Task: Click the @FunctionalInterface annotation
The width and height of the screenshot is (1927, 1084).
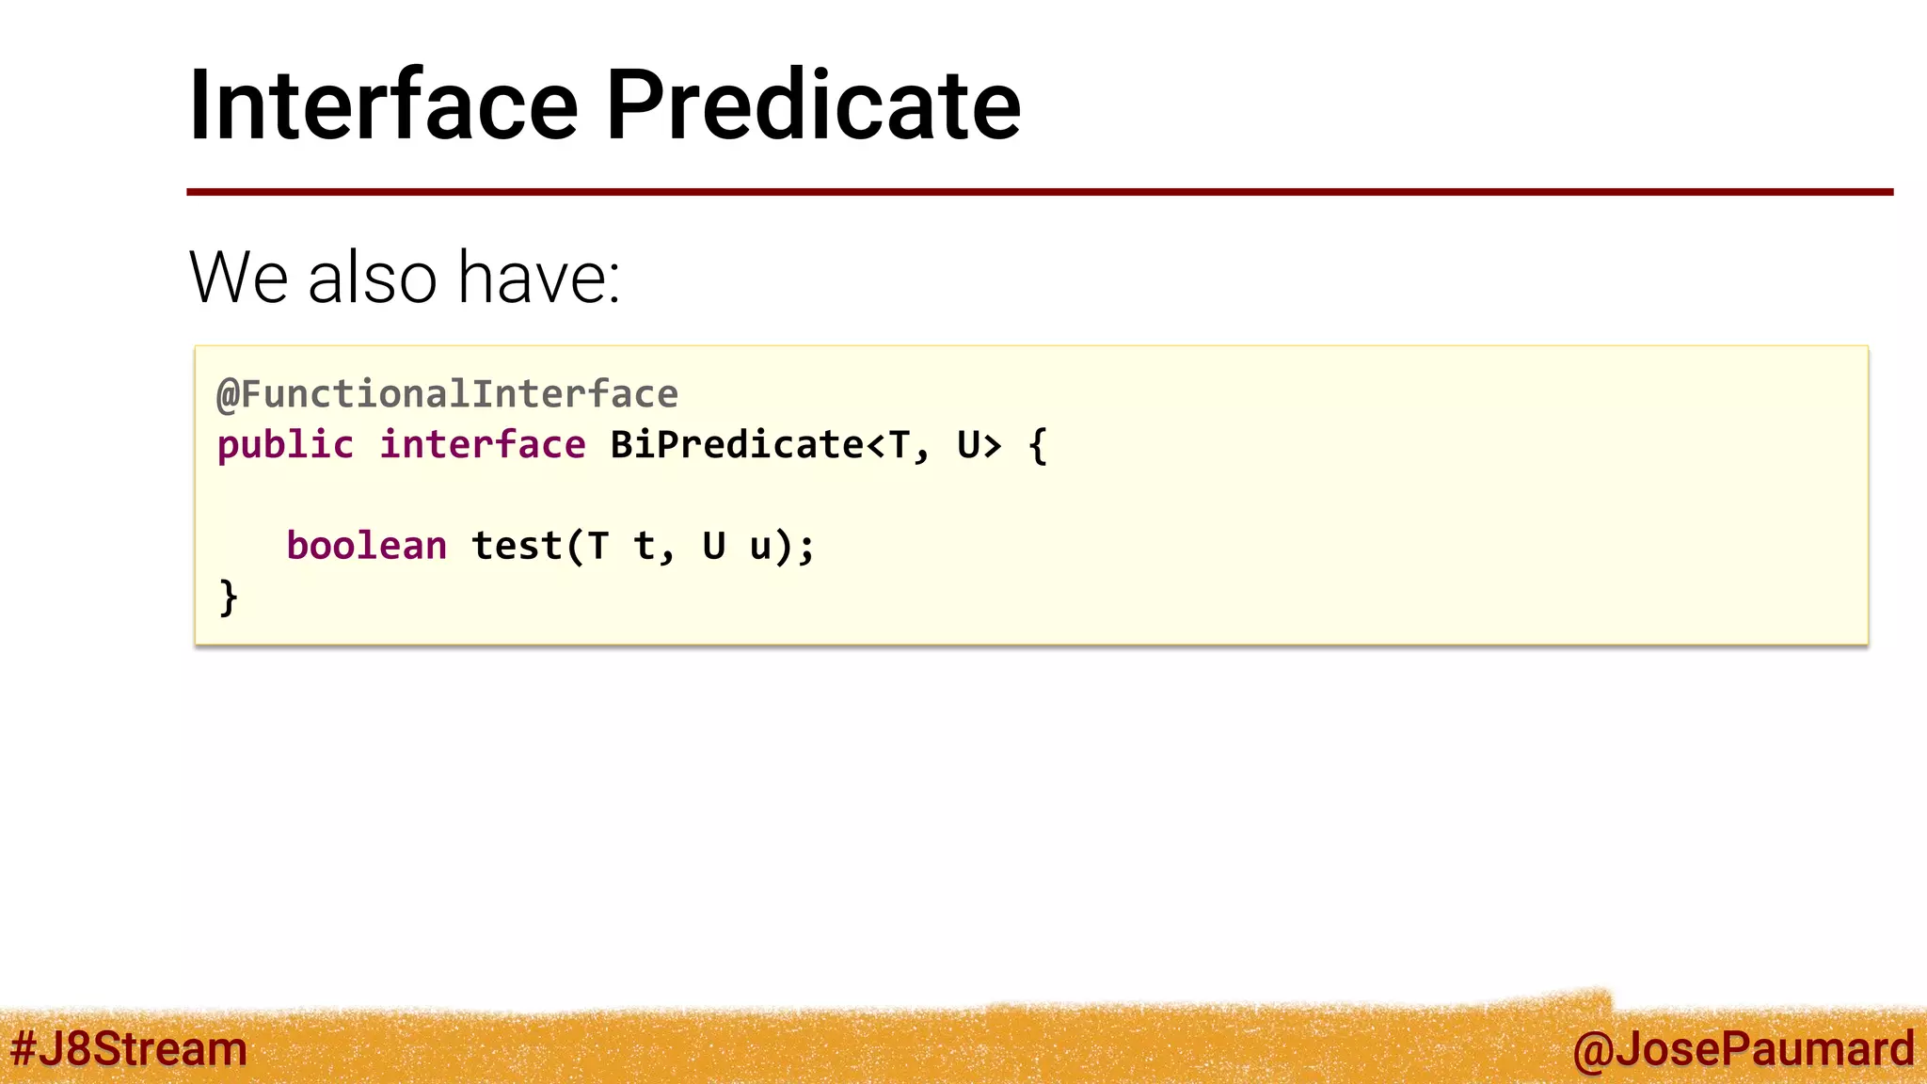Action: pyautogui.click(x=447, y=394)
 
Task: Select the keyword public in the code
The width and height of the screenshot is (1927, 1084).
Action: pyautogui.click(x=285, y=445)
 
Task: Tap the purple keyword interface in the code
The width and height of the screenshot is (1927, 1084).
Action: pyautogui.click(x=482, y=445)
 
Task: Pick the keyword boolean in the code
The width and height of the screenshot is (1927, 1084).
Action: pyautogui.click(x=366, y=546)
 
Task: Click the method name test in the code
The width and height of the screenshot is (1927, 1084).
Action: pyautogui.click(x=517, y=546)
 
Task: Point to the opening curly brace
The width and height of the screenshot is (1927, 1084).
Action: pyautogui.click(x=1037, y=446)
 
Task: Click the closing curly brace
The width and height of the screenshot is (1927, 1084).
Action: pyautogui.click(x=228, y=598)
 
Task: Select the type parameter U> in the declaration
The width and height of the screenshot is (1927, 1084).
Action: pyautogui.click(x=979, y=445)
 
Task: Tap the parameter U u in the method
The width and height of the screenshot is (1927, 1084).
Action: pyautogui.click(x=737, y=546)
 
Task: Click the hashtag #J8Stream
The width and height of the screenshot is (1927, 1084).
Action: pyautogui.click(x=129, y=1048)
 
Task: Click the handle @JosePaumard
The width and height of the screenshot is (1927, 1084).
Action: pyautogui.click(x=1743, y=1048)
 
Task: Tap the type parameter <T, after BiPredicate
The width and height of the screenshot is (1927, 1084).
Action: pyautogui.click(x=898, y=446)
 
